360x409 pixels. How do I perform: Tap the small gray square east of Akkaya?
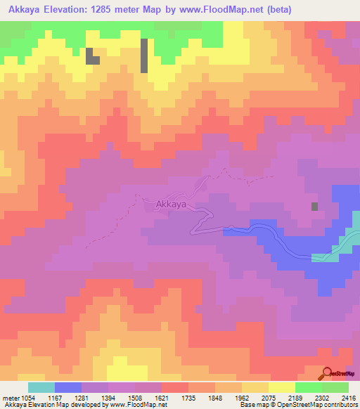point(314,206)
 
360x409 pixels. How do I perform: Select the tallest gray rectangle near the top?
point(144,56)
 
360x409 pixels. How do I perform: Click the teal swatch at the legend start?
point(41,387)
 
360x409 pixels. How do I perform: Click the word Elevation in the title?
point(78,10)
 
